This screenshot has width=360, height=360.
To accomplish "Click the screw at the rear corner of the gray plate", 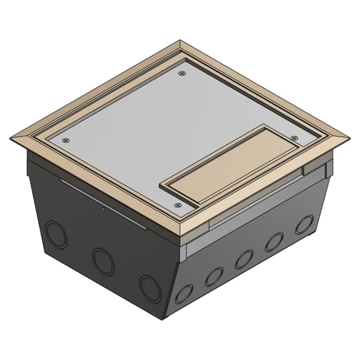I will click(x=182, y=75).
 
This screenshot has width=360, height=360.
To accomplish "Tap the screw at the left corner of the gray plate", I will click(x=65, y=141).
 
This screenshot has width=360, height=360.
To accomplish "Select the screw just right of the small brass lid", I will click(x=294, y=137).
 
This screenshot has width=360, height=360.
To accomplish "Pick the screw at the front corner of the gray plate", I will click(x=177, y=205).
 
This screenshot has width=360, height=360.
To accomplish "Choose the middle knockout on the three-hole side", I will click(x=103, y=261).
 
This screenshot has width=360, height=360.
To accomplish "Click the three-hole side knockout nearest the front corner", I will click(x=150, y=288).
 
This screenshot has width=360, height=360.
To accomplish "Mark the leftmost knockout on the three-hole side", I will click(x=56, y=235).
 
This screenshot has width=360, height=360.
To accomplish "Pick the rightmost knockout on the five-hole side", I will click(x=304, y=224).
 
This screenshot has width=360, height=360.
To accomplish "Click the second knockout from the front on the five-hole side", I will click(x=214, y=276).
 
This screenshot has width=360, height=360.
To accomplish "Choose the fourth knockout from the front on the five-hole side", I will click(x=274, y=241).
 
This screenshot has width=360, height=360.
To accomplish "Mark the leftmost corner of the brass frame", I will click(x=11, y=139).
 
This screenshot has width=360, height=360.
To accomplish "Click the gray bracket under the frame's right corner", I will click(x=317, y=166).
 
